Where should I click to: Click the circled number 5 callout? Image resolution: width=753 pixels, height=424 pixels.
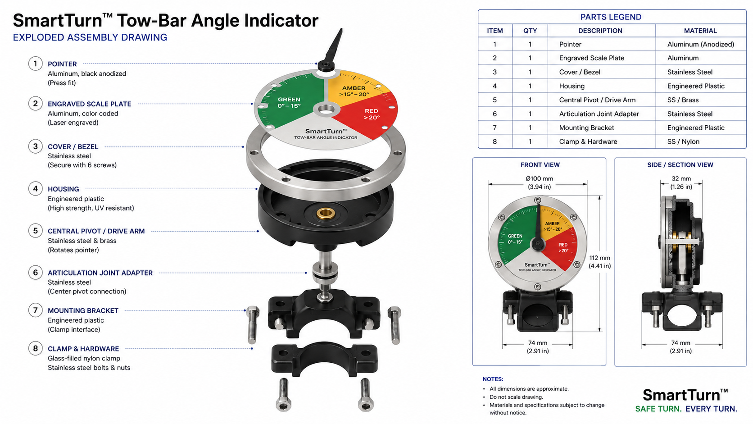[35, 231]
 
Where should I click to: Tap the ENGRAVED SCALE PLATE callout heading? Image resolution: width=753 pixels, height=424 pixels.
[90, 104]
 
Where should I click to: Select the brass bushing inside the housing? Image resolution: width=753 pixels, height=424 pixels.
[326, 213]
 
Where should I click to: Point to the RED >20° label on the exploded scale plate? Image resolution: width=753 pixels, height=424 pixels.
[372, 114]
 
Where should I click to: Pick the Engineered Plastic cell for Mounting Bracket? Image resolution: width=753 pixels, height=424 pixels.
[695, 128]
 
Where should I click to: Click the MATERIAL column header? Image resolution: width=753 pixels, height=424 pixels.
[700, 31]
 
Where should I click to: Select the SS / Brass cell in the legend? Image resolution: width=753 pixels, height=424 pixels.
[683, 100]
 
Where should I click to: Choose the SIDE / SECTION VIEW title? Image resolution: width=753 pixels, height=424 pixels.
[680, 165]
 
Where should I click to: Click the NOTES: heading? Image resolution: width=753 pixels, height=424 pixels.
[493, 379]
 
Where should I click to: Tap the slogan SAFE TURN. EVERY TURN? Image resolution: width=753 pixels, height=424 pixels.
[686, 409]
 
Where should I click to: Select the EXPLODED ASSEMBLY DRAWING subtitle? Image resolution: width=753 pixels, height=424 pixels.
[90, 37]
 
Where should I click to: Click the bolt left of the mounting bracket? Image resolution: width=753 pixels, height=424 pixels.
[253, 325]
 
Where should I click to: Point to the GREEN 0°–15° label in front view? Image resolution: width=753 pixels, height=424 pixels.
[515, 239]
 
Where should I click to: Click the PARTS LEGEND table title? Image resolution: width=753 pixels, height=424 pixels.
[611, 17]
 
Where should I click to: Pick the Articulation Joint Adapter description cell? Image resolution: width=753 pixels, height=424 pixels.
[599, 114]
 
